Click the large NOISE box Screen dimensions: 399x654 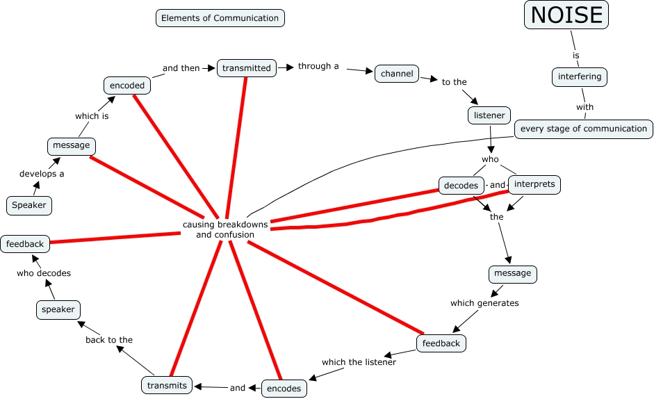coord(566,15)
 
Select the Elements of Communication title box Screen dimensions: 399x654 coord(220,18)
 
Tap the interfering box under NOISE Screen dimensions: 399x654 coord(580,76)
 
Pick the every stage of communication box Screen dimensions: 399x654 coord(584,129)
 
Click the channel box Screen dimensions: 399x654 coord(397,74)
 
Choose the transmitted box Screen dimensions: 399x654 coord(247,67)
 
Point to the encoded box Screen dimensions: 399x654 coord(127,85)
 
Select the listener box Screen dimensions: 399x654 coord(489,115)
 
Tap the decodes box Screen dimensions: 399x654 coord(461,186)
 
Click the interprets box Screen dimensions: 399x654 coord(534,184)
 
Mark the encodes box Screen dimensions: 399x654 coord(284,389)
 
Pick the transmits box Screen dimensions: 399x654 coord(167,385)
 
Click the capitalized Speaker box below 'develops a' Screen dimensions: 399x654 coord(29,205)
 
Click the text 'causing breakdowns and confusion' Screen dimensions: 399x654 coord(225,229)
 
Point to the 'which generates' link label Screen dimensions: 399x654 coord(484,303)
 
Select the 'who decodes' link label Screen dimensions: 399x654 coord(44,273)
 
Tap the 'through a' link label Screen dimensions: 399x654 coord(318,67)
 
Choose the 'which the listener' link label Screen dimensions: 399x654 coord(359,362)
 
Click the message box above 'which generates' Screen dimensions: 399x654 coord(513,273)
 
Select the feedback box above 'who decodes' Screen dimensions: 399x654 coord(26,244)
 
